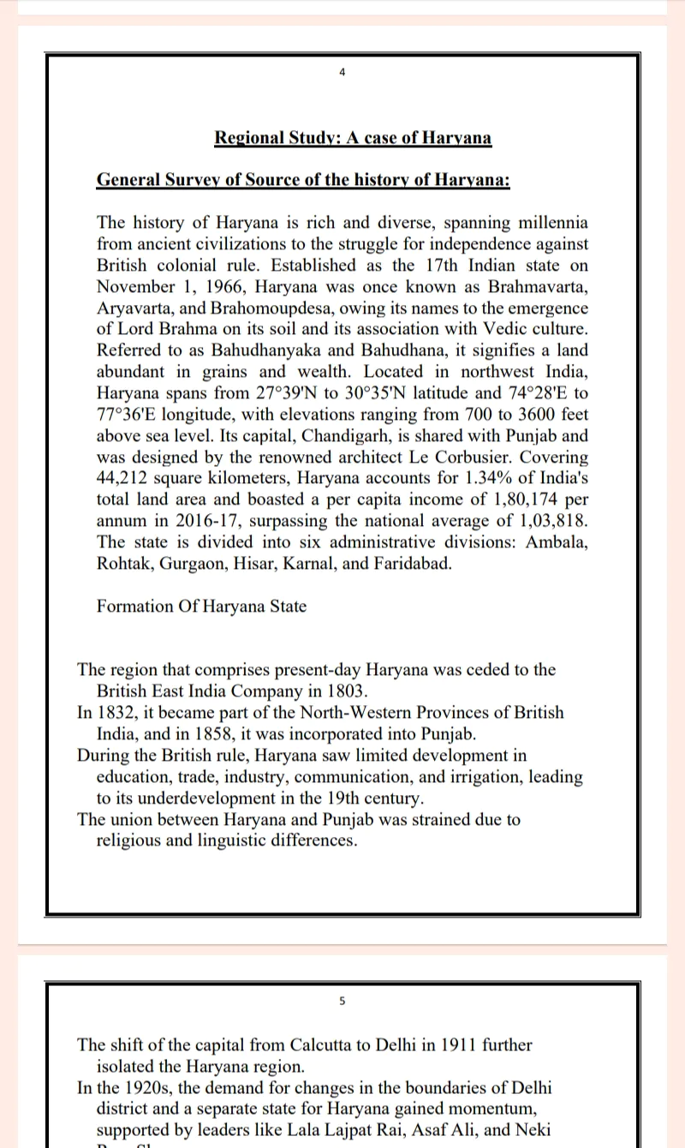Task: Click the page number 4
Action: [x=342, y=73]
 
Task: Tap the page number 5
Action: [x=342, y=1000]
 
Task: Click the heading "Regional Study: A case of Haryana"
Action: [x=353, y=138]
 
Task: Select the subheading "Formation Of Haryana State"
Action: [x=201, y=607]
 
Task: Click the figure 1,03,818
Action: [x=546, y=522]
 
